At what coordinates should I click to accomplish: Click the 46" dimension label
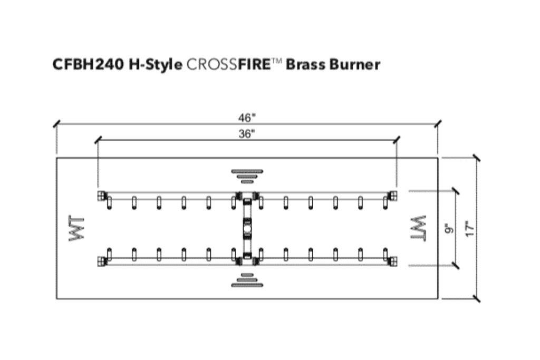247,118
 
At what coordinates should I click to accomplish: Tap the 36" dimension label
247,133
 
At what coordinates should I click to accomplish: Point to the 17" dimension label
470,229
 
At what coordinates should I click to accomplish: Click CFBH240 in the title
88,64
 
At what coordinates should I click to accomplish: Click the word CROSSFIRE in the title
229,64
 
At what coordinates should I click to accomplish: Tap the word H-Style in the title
156,65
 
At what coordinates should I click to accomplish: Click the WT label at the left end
76,228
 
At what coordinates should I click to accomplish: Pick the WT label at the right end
418,228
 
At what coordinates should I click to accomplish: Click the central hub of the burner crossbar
247,228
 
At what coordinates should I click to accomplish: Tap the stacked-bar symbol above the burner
247,176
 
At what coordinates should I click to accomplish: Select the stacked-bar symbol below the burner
247,280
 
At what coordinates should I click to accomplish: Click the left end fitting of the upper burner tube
102,196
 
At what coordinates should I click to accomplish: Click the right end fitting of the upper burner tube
392,196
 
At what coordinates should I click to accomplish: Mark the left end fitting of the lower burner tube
102,261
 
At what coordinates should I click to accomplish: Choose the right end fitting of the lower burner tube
392,261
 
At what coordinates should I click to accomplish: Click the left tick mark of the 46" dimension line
57,123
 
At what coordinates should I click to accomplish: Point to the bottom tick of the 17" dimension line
477,299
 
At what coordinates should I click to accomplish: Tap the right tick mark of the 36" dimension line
397,140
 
